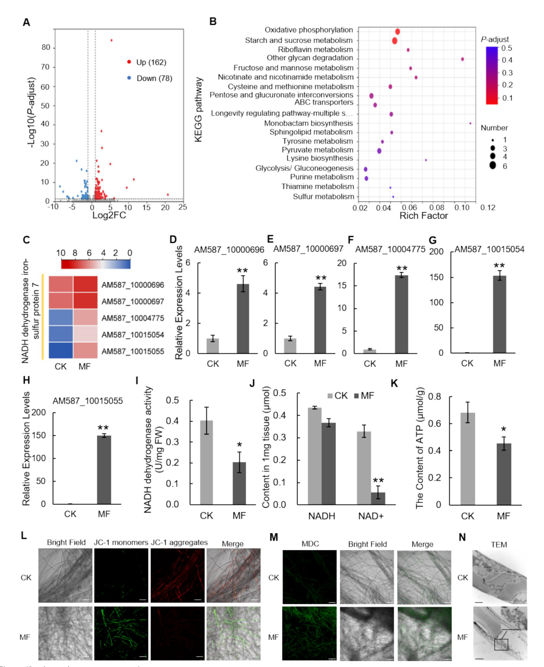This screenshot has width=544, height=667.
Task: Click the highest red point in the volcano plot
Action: coord(111,40)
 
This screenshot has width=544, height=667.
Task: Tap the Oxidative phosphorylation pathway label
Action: coord(309,30)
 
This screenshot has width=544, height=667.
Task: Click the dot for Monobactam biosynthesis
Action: coord(470,123)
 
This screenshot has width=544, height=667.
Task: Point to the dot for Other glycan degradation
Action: coord(462,59)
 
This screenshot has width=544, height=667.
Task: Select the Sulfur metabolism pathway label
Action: coord(323,197)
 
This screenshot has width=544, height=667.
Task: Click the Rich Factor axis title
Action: coord(423,216)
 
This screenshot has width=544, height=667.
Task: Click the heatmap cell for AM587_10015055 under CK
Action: coord(61,351)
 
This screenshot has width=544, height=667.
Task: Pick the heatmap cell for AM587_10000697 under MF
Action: coord(85,301)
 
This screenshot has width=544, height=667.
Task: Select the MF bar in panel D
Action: coord(243,319)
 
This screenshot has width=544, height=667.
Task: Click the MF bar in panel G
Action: coord(499,314)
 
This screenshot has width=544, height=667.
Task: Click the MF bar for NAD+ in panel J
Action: coord(378,498)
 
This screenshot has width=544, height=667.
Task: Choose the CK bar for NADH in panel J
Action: coord(314,456)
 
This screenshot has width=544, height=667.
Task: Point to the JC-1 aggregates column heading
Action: coord(179,543)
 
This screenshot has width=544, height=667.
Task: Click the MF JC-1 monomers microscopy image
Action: coord(121,633)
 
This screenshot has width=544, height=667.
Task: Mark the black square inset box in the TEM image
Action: coord(501,644)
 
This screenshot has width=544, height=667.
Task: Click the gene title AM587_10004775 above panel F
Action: coord(390,250)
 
